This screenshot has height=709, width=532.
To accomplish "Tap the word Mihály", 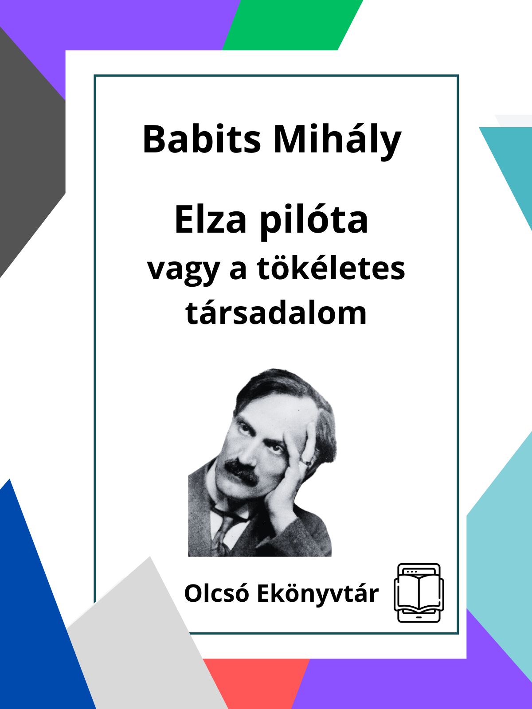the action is pyautogui.click(x=337, y=141).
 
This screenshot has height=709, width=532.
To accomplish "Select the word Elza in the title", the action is pyautogui.click(x=211, y=220).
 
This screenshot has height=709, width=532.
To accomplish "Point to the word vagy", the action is pyautogui.click(x=184, y=271).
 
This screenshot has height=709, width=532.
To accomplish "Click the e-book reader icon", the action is pyautogui.click(x=419, y=593).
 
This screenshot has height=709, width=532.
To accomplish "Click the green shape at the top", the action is pyautogui.click(x=292, y=25).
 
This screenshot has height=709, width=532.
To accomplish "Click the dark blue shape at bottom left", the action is pyautogui.click(x=39, y=614).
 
